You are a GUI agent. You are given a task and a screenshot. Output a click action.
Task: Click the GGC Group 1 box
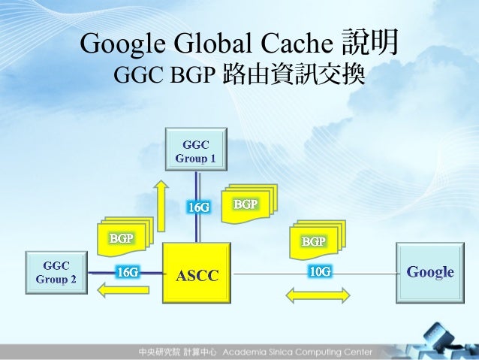tap(196, 150)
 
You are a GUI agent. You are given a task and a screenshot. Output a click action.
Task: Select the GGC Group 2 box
tap(56, 271)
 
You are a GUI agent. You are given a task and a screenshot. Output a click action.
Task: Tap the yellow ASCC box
tap(197, 275)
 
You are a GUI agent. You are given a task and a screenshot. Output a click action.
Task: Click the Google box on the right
tap(429, 272)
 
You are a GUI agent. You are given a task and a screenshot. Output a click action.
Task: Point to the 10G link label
tap(319, 271)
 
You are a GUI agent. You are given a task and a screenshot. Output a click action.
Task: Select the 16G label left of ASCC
tap(127, 272)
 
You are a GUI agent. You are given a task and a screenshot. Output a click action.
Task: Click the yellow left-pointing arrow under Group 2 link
tap(110, 292)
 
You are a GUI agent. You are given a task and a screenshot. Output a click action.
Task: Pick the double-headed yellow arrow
tap(318, 295)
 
